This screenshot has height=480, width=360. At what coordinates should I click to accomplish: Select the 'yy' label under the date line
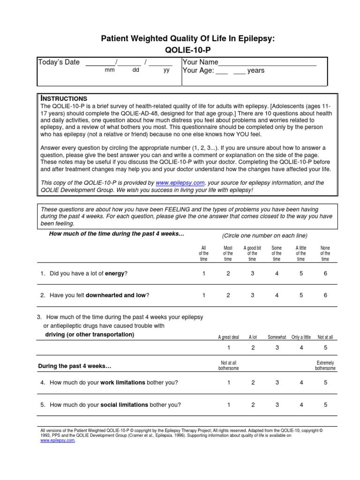(x=166, y=71)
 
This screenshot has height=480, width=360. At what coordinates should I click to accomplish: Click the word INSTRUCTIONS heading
(x=64, y=98)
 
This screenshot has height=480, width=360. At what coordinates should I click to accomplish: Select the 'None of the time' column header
(x=325, y=253)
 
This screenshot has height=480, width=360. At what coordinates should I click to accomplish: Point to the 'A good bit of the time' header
(x=252, y=253)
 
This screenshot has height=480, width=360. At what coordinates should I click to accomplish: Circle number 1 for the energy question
(x=204, y=274)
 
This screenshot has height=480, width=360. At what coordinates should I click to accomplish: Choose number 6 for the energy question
(x=325, y=274)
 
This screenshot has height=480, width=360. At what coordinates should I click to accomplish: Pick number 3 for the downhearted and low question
(x=252, y=295)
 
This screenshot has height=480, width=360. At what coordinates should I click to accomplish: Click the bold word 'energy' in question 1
(x=115, y=274)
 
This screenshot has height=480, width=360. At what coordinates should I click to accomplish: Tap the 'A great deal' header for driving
(x=229, y=337)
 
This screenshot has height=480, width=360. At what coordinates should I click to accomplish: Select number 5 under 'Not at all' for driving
(x=325, y=347)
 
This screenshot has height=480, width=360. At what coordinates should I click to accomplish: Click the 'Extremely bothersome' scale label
(x=325, y=366)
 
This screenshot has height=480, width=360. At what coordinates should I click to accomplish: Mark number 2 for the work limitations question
(x=253, y=382)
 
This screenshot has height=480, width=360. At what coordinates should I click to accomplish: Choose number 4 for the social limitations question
(x=301, y=405)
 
